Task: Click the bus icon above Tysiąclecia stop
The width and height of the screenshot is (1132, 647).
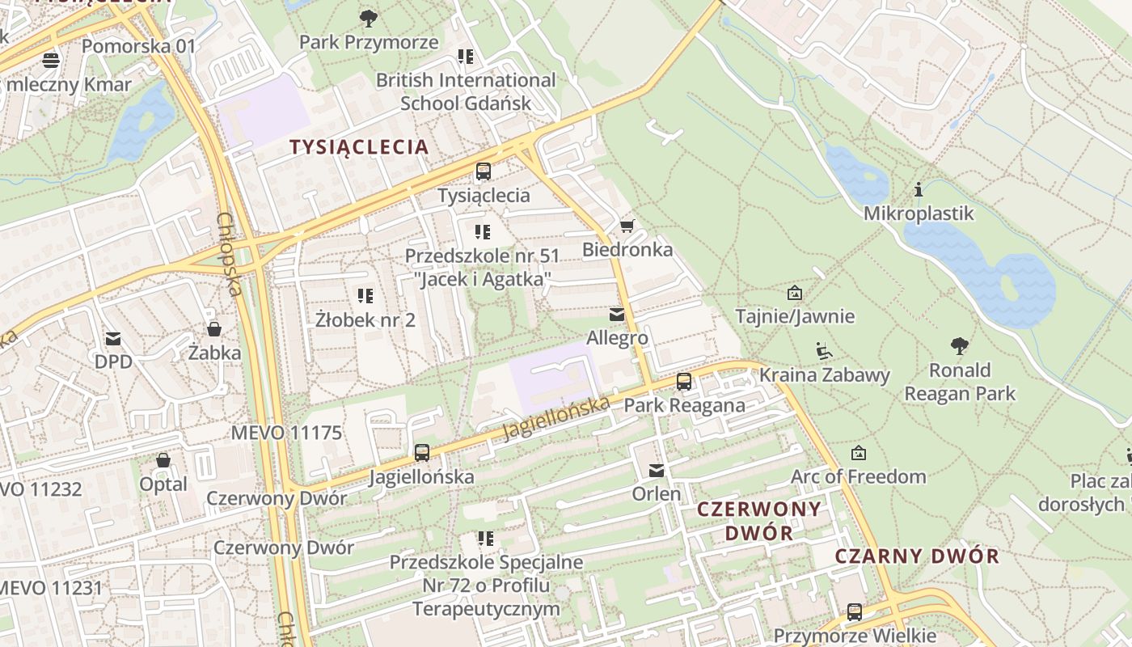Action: point(484,171)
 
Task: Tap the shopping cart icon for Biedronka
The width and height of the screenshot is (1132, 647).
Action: point(627,226)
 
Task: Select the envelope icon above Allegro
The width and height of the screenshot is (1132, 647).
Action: point(617,314)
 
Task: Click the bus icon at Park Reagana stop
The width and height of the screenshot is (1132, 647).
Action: point(684,382)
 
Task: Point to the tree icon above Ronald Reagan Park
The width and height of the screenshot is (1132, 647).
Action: point(960,347)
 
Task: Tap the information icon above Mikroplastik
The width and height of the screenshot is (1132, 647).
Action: point(919,190)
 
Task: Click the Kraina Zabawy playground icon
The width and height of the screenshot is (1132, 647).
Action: point(824,351)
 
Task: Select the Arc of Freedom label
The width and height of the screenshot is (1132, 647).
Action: point(858,476)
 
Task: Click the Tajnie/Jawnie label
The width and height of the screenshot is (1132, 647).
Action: point(795,315)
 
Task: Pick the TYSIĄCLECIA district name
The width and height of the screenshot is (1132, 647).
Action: point(359,147)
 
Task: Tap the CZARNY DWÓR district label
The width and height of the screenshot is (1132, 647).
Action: point(917,556)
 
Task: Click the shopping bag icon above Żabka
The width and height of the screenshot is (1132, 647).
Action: point(214,329)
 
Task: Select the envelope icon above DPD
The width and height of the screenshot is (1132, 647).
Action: point(113,338)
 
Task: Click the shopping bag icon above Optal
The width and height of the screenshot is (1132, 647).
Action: point(163,460)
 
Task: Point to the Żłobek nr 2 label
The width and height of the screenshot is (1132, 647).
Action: point(365,319)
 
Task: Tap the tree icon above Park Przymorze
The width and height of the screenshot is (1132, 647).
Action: point(369,18)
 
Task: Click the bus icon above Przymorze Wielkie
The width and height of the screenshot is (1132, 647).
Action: point(855,612)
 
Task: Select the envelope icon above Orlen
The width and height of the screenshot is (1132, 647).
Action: point(657,470)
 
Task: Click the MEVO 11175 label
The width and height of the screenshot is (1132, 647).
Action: point(286,433)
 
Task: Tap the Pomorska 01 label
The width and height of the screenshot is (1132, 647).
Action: point(139,46)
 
